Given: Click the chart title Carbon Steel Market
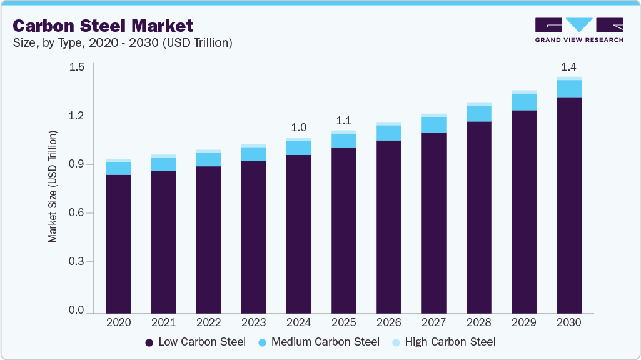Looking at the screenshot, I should tap(103, 26).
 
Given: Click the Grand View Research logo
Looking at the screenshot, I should tap(579, 30).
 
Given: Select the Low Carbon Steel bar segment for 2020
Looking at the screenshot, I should tap(118, 244).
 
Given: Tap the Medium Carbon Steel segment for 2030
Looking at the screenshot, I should tap(569, 89).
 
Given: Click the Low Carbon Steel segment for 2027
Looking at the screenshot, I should tap(433, 222).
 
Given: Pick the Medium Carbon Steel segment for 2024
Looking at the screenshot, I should tap(298, 147).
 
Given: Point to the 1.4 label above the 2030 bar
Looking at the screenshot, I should tap(569, 67).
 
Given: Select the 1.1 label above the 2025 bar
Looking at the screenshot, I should tap(343, 121).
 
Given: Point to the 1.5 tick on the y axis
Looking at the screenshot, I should tap(76, 67).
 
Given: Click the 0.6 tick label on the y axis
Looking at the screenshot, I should tap(76, 213).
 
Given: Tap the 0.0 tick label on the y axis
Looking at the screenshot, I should tap(76, 311).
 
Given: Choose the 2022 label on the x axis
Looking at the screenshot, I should tap(208, 323).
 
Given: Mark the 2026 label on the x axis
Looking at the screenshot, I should tap(388, 323).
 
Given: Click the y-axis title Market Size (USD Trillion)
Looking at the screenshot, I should tap(53, 187).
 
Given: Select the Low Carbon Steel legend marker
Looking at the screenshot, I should tap(149, 342).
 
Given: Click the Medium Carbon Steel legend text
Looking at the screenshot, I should tap(325, 342).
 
